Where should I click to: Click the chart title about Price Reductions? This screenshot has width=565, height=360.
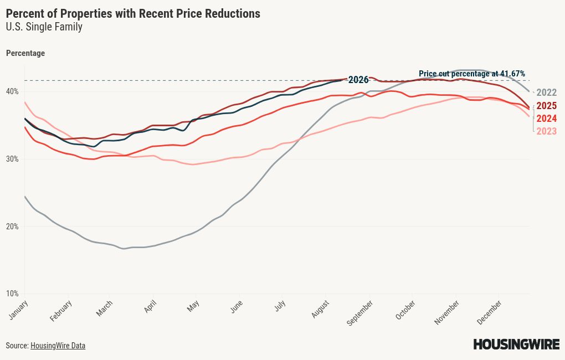coord(133,14)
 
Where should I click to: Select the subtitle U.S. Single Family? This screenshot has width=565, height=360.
coord(44,27)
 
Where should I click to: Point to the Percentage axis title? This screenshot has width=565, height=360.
coord(25,53)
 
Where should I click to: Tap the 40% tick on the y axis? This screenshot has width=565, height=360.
coord(12,91)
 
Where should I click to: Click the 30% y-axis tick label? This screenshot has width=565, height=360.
coord(12,159)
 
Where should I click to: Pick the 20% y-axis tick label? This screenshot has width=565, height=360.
coord(12,227)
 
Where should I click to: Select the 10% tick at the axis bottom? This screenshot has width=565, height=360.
coord(12,294)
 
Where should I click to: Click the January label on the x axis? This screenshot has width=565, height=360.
coord(18,310)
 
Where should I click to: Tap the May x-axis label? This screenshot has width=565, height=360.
coord(193,306)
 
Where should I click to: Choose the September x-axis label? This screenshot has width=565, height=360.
coord(359,313)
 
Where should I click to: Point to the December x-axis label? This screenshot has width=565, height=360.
coord(489,312)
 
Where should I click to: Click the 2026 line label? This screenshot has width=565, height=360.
coord(358,80)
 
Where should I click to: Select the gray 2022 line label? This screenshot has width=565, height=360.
coord(547,92)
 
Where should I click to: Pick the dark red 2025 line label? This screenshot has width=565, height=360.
coord(547,106)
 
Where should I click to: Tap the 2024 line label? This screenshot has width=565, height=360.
coord(547,118)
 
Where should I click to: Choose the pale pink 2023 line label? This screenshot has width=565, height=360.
coord(547,131)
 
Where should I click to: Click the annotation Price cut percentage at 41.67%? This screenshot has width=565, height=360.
coord(472,74)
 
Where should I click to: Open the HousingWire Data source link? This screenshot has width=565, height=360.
coord(58,346)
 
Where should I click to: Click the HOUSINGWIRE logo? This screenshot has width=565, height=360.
coord(516,344)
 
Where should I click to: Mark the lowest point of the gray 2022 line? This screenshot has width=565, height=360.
coord(124,249)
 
